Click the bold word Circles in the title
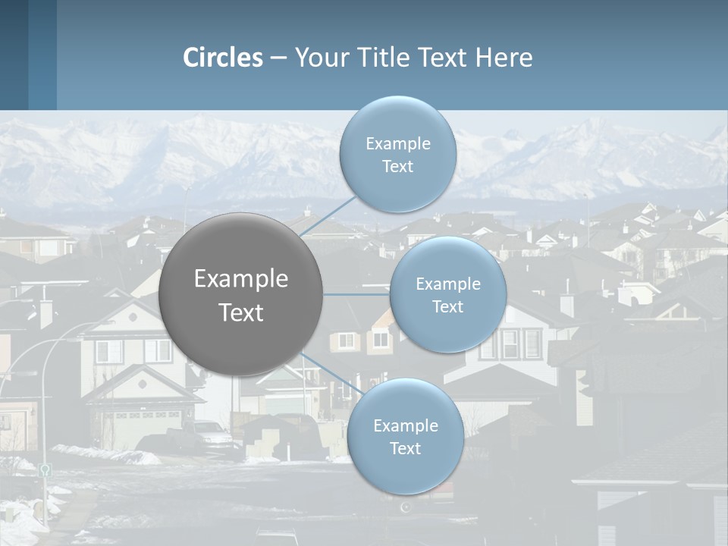click(223, 58)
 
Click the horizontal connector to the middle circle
click(356, 294)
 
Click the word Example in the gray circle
click(241, 279)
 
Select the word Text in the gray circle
click(241, 312)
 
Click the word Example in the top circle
click(397, 144)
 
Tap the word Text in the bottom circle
click(405, 448)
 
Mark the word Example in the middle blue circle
click(448, 284)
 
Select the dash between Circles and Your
click(278, 58)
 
